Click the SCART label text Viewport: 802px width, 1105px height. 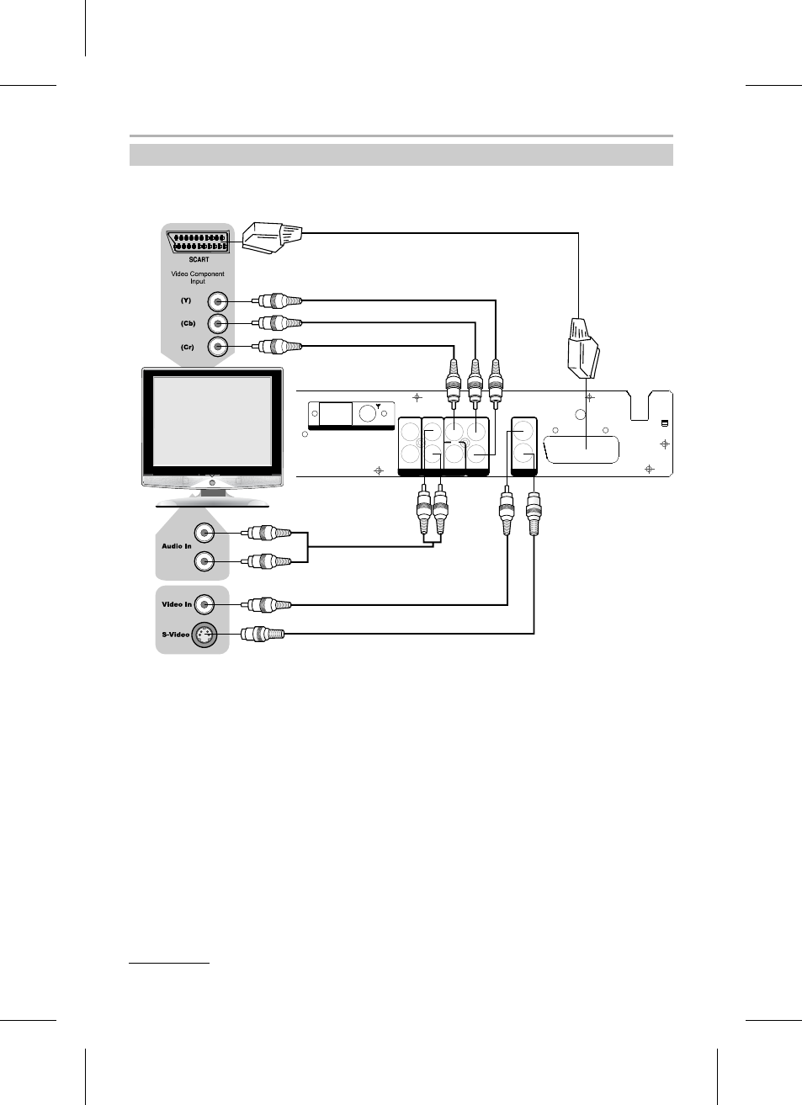[199, 259]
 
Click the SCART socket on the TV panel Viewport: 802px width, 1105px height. [198, 242]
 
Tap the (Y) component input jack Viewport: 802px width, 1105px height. [217, 301]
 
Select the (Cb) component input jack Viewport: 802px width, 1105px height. [217, 324]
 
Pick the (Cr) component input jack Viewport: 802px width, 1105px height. [217, 347]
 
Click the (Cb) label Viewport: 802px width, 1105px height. [188, 324]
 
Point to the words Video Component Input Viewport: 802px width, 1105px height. [198, 277]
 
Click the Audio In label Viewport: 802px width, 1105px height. [177, 546]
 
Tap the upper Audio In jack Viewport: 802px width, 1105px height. [204, 533]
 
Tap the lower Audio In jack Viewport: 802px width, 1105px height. [204, 561]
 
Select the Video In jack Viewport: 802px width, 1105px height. [204, 604]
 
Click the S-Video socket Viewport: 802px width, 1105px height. [203, 635]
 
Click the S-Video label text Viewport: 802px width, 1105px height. [176, 635]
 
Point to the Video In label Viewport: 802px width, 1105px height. [177, 604]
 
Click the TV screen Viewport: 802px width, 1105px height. [212, 422]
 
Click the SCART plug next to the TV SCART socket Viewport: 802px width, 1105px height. [272, 237]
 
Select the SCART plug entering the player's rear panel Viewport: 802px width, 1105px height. [583, 349]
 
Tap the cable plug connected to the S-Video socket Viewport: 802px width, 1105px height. [263, 634]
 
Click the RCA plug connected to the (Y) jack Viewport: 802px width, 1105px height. [277, 300]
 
